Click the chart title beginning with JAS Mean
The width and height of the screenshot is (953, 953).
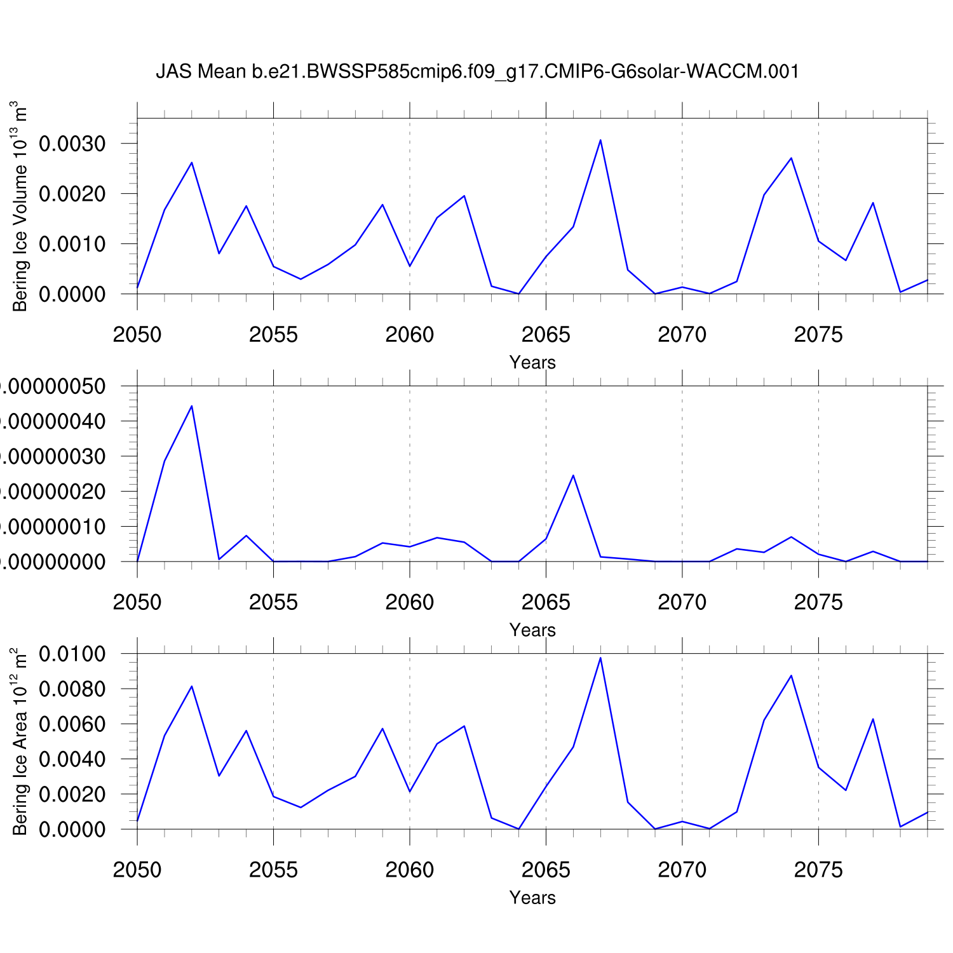pos(477,71)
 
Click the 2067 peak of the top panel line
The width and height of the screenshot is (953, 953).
pos(600,140)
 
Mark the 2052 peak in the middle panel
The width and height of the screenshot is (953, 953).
pos(191,406)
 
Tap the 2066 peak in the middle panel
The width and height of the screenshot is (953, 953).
pos(573,475)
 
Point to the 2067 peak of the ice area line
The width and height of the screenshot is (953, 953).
pos(600,658)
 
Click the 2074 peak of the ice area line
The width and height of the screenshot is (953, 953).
pos(791,675)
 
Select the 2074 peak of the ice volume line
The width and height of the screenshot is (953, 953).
pos(791,158)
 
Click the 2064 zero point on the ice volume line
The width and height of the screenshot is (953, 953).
pos(518,294)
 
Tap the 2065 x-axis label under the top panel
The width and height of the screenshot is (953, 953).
pos(546,334)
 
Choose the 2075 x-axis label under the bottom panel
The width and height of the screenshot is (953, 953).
pos(818,870)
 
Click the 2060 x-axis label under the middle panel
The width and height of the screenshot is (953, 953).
pos(410,602)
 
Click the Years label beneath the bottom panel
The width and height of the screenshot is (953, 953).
pos(532,898)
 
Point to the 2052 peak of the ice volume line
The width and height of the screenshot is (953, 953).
pos(191,163)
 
